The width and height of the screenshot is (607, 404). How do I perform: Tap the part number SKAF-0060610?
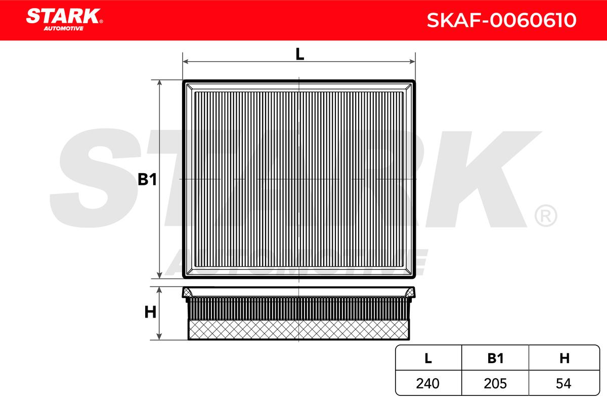click(501, 20)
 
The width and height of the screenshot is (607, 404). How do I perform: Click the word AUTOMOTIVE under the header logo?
click(63, 28)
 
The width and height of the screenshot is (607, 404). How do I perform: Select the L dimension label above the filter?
click(299, 54)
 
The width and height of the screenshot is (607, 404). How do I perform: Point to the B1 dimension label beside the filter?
click(147, 179)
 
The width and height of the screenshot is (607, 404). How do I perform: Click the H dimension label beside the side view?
click(150, 312)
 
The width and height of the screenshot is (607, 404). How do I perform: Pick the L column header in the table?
click(428, 358)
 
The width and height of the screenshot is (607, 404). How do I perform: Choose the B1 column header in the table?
click(495, 358)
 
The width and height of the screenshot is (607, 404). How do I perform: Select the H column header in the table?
click(565, 358)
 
